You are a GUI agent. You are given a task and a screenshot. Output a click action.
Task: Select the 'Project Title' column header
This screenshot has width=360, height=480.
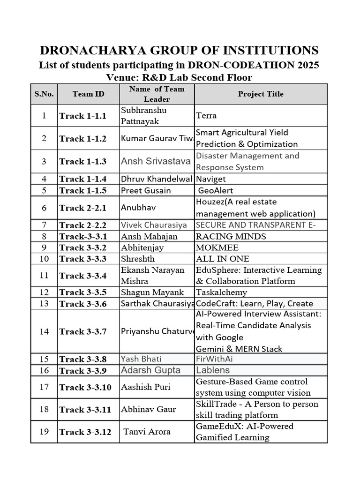tap(261, 94)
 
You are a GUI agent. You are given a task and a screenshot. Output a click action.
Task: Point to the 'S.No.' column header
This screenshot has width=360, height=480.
tap(44, 94)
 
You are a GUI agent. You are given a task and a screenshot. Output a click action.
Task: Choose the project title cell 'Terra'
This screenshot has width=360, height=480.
tap(206, 115)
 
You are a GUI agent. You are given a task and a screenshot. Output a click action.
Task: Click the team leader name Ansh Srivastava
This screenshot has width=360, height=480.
tap(156, 161)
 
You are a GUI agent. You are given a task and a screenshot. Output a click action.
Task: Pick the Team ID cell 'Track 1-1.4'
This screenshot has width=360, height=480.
tap(83, 179)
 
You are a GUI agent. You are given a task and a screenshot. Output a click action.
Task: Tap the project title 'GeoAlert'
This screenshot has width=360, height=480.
tap(216, 191)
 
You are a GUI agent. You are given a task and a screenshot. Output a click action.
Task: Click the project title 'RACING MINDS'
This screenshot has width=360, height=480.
tap(225, 236)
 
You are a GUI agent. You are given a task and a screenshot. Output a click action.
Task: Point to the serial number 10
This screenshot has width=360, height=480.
tap(44, 259)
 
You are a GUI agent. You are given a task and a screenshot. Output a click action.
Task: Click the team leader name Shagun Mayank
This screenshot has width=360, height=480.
tap(152, 292)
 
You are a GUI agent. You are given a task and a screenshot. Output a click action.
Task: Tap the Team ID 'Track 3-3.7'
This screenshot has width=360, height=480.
tap(83, 332)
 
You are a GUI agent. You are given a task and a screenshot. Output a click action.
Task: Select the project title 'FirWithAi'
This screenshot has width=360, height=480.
tap(214, 359)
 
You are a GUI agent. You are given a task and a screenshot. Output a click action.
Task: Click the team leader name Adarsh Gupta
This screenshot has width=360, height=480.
tap(150, 370)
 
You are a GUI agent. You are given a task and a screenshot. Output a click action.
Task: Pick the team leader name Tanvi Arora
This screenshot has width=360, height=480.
tap(147, 432)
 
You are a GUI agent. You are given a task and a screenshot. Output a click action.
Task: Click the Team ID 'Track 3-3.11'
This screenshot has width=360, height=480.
tap(85, 410)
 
